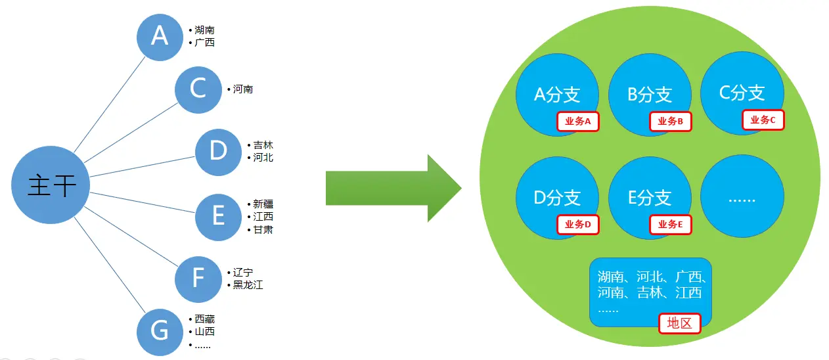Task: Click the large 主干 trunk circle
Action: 51,185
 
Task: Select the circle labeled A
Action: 160,36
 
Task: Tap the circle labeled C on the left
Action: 198,89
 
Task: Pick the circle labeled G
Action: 160,331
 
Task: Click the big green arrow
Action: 393,189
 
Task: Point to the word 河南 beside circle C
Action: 243,89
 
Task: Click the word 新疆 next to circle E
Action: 263,204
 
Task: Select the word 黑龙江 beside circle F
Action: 248,284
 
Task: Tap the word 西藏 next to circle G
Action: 204,319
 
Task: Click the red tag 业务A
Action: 578,122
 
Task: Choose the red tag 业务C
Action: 763,120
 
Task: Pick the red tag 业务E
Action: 670,225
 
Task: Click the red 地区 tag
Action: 679,323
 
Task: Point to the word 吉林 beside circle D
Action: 263,145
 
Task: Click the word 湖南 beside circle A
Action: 204,30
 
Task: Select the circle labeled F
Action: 198,279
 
